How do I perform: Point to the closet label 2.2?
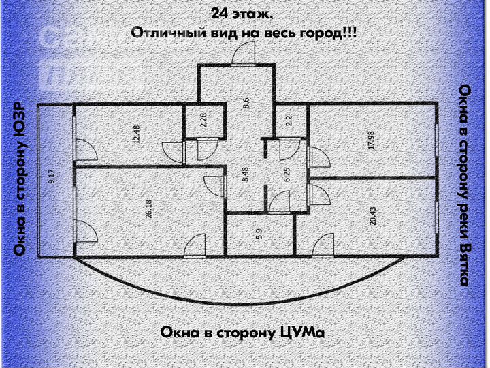tap(289, 121)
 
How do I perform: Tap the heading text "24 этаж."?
tap(243, 14)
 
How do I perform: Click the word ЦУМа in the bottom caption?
tap(300, 333)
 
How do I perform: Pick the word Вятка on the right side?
tap(465, 263)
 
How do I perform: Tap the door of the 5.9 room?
tap(195, 246)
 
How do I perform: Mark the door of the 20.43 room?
tap(323, 246)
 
